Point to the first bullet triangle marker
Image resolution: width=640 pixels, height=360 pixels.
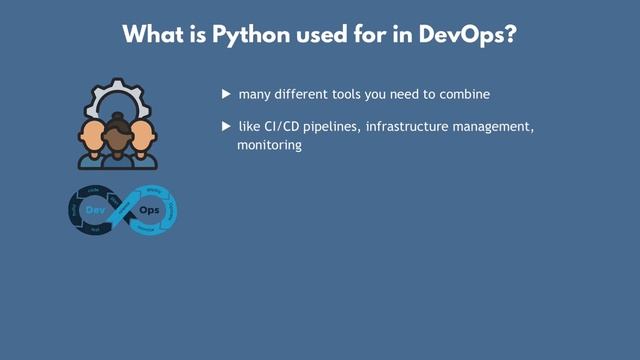(226, 94)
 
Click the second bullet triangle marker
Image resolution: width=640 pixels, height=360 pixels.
(226, 128)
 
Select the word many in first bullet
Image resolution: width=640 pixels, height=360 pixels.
(254, 94)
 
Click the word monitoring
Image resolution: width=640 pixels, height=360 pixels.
(269, 145)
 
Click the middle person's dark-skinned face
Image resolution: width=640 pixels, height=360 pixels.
(118, 142)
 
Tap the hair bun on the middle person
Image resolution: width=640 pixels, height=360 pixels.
(118, 118)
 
